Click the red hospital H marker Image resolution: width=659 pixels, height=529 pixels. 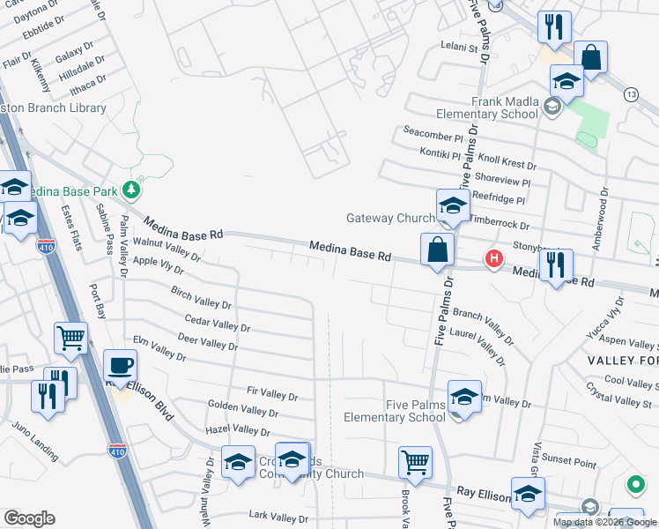pyautogui.click(x=494, y=259)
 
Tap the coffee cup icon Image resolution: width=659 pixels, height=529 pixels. pyautogui.click(x=120, y=365)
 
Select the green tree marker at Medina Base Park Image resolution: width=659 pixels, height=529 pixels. pyautogui.click(x=130, y=189)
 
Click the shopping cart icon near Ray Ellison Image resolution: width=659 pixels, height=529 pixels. pyautogui.click(x=415, y=461)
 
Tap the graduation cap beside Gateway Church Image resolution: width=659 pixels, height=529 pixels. pyautogui.click(x=453, y=205)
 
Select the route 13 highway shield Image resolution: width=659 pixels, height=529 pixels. pyautogui.click(x=631, y=93)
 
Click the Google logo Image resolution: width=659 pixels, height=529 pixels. pyautogui.click(x=29, y=518)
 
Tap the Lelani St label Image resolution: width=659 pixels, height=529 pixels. pyautogui.click(x=458, y=48)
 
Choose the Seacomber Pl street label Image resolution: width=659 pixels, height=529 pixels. pyautogui.click(x=433, y=138)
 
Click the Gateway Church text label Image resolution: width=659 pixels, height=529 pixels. pyautogui.click(x=389, y=219)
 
